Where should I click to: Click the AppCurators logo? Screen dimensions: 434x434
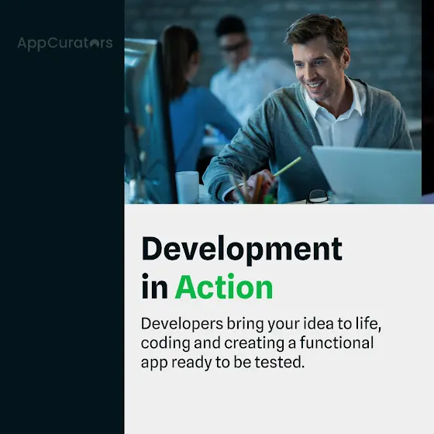[65, 43]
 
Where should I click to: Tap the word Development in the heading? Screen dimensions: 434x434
[242, 250]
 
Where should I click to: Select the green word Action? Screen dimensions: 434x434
[224, 287]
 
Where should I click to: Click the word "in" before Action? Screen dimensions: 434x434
[155, 286]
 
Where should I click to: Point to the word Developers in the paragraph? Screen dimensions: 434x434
[182, 324]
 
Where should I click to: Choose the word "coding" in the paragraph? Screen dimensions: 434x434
[166, 343]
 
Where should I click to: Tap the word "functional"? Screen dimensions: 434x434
[337, 343]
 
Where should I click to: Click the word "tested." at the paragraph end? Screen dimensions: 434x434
[280, 363]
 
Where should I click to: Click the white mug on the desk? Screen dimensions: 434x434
[188, 187]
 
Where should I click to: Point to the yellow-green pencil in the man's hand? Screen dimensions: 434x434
[287, 167]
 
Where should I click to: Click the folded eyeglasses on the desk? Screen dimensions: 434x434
[319, 196]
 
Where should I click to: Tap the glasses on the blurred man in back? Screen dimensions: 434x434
[233, 46]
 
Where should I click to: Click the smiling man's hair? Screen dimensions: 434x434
[319, 32]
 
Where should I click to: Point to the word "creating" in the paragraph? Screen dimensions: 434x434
[254, 343]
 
